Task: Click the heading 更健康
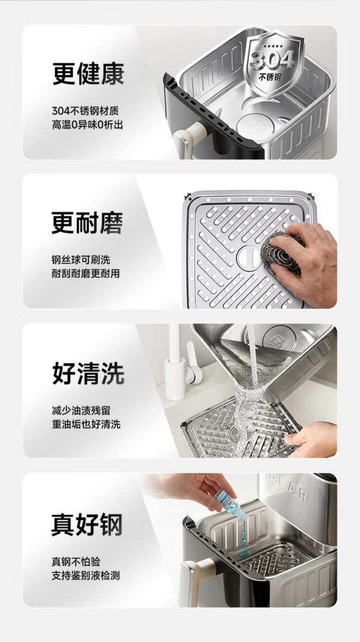88,74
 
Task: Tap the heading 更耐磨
87,223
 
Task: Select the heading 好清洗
88,373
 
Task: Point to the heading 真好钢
87,524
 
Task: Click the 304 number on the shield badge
272,59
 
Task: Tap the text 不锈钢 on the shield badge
271,77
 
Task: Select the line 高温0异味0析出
87,124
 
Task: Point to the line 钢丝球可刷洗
80,260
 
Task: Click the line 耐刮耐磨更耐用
86,274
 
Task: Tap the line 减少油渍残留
80,410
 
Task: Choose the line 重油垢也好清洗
86,424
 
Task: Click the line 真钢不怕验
76,562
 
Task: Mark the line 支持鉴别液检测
86,575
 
